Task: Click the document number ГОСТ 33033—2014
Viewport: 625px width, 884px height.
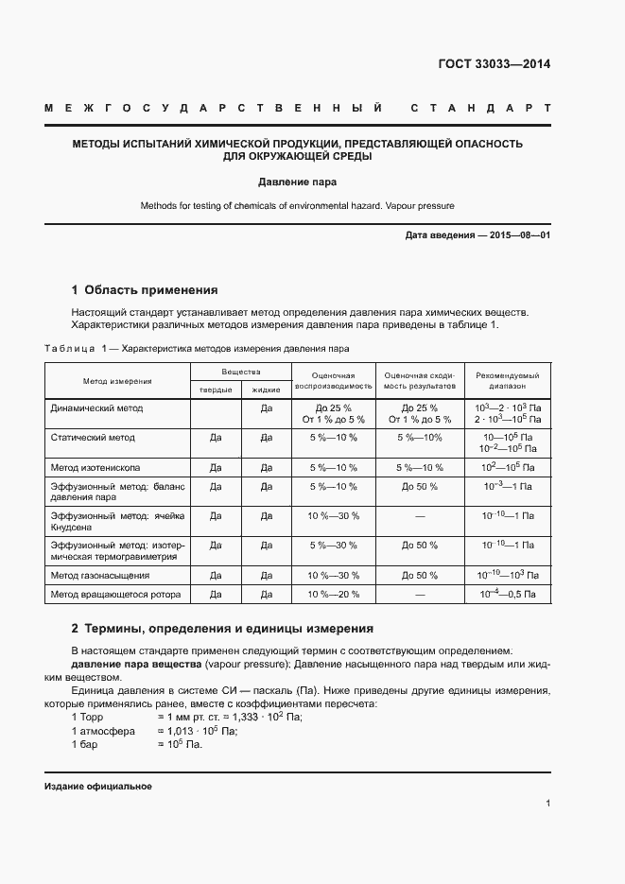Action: click(x=494, y=64)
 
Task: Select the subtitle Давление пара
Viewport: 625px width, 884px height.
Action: click(x=298, y=181)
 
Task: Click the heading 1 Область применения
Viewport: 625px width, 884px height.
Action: click(x=145, y=290)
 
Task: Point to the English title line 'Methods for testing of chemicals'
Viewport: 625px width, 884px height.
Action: click(x=298, y=205)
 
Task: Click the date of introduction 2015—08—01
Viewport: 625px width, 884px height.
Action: click(x=519, y=234)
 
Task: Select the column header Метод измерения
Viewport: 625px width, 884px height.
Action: click(x=117, y=381)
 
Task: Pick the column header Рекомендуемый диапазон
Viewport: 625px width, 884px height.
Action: click(x=508, y=381)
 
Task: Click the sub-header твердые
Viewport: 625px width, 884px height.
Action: click(x=215, y=390)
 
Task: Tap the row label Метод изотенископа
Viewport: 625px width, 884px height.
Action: click(x=95, y=467)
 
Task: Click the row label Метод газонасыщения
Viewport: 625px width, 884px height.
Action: click(x=99, y=575)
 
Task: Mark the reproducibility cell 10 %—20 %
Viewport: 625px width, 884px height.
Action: click(x=333, y=595)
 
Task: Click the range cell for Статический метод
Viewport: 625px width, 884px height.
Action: click(x=508, y=443)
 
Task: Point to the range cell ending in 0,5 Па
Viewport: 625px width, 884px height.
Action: click(x=508, y=595)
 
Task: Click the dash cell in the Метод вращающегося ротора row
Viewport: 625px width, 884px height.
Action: click(x=420, y=595)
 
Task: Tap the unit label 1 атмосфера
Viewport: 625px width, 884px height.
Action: click(x=103, y=731)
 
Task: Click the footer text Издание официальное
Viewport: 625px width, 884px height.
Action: click(x=97, y=787)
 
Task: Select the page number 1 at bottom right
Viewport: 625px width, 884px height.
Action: click(x=547, y=803)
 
